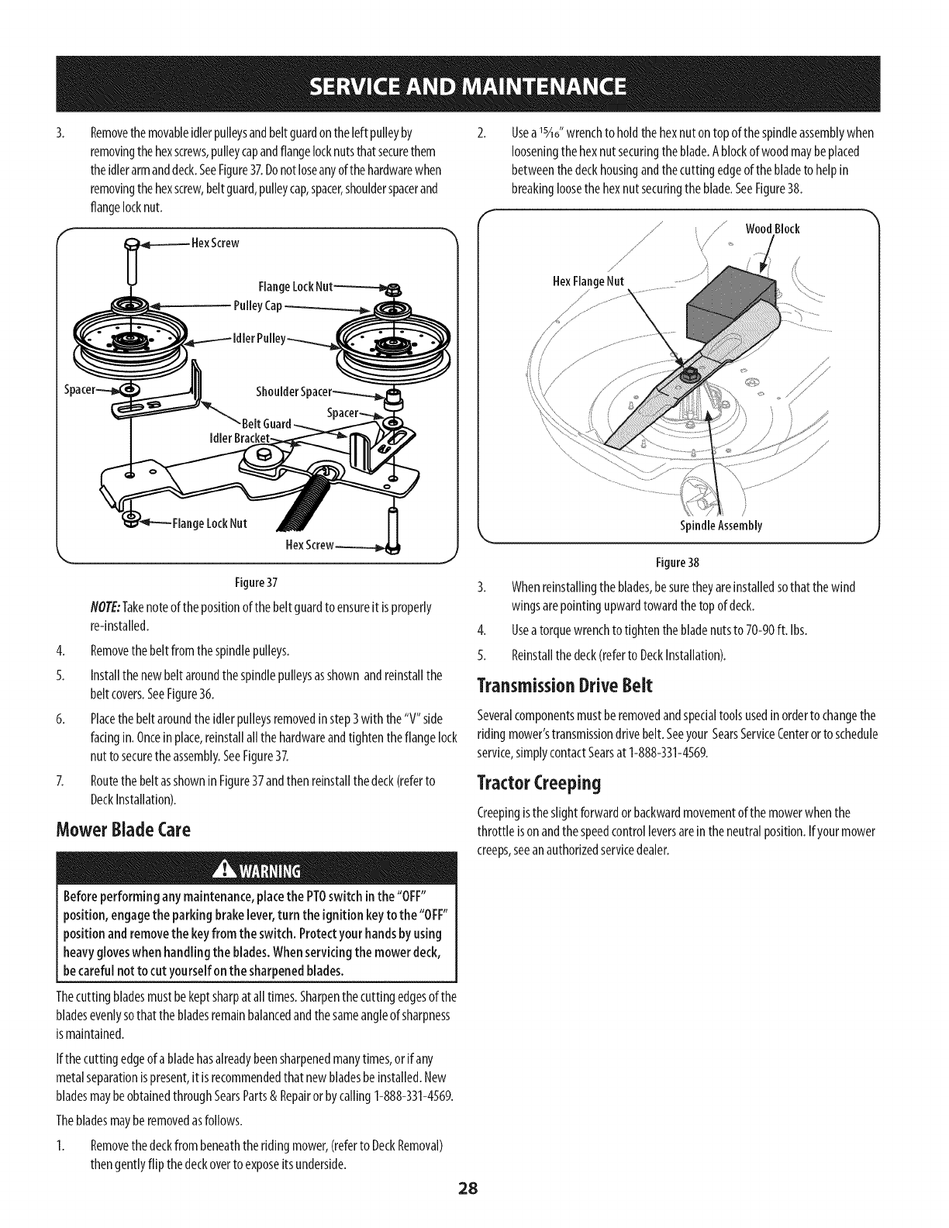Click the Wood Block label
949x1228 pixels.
[x=772, y=229]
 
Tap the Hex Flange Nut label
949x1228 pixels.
[x=588, y=280]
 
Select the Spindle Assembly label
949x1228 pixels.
[x=721, y=526]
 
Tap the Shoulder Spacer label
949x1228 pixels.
[x=294, y=390]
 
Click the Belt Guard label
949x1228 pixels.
[x=267, y=423]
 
